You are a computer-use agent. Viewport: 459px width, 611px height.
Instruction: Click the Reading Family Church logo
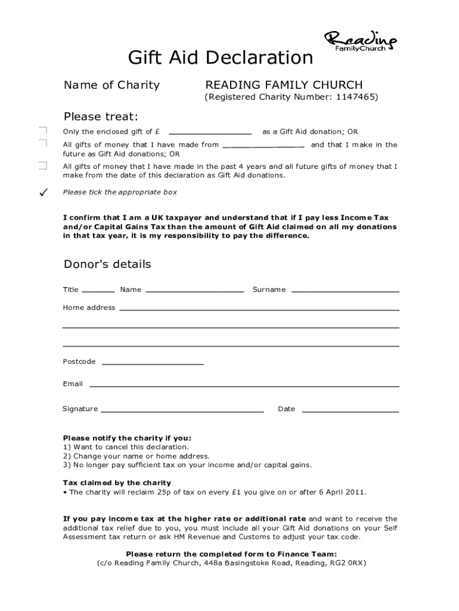coord(360,41)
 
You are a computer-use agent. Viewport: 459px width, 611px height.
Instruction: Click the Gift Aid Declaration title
coord(221,58)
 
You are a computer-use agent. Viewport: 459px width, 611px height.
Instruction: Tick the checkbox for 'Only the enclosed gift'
coord(42,131)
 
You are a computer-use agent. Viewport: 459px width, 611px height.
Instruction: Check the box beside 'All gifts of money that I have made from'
coord(42,144)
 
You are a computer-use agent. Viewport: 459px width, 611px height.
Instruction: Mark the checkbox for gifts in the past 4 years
coord(42,166)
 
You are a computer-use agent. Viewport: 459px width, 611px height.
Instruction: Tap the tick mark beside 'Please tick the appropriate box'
coord(42,192)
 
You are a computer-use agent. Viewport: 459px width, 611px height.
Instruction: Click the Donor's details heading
coord(107,264)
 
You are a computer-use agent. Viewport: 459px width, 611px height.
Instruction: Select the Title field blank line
coord(98,291)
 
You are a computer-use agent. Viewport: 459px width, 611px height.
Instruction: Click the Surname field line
coord(345,291)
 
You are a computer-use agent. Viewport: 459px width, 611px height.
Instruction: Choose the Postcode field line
coord(153,363)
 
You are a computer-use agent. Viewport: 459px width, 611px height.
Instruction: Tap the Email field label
coord(73,384)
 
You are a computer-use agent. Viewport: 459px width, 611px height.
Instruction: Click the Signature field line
coord(182,411)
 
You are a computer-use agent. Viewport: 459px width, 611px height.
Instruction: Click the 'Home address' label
coord(89,307)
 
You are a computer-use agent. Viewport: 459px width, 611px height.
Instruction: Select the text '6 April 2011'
coord(343,492)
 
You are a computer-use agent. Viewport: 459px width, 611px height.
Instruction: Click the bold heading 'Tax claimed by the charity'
coord(117,483)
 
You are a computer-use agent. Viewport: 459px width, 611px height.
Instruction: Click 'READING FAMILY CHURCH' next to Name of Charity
coord(284,85)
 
